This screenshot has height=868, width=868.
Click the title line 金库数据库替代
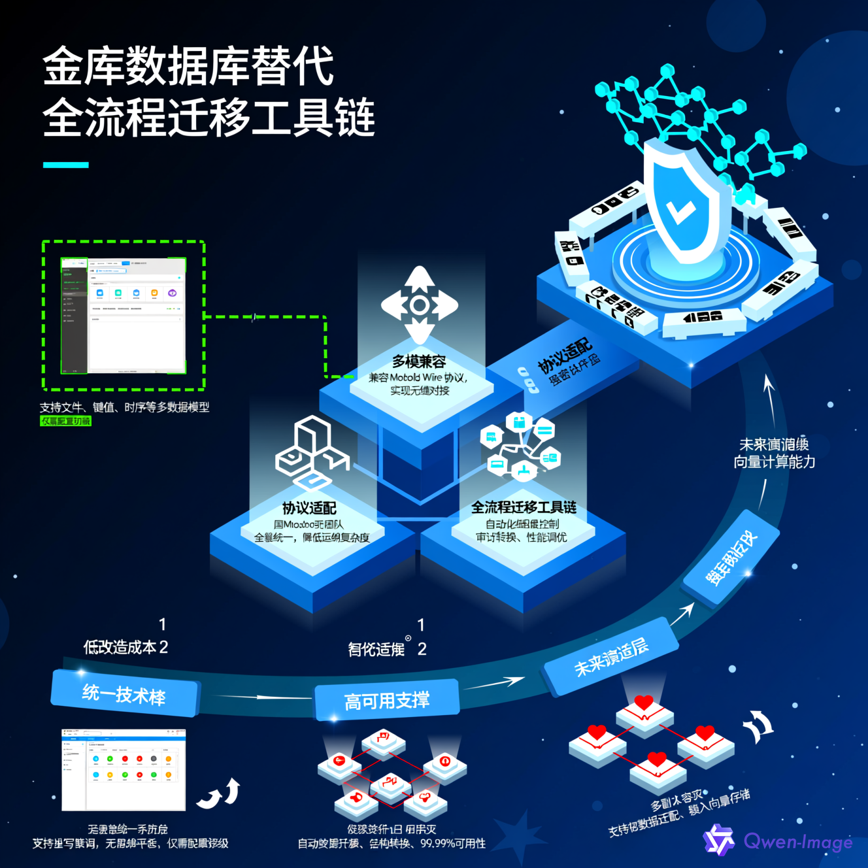tap(188, 66)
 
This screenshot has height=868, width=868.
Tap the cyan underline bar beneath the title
tap(65, 165)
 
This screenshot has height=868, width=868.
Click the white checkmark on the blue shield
tap(680, 210)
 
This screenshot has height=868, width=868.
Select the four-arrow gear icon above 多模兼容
tap(420, 305)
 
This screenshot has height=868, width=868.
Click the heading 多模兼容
tap(419, 361)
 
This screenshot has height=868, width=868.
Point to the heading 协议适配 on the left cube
tap(309, 508)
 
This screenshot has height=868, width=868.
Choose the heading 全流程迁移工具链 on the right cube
tap(524, 507)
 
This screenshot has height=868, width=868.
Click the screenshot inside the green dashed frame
tap(124, 316)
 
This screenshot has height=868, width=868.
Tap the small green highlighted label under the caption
tap(65, 422)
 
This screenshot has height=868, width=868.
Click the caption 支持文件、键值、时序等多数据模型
tap(124, 407)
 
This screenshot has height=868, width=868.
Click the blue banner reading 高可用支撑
tap(387, 701)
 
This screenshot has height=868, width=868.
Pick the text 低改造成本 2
tap(125, 647)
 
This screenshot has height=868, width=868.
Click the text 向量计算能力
tap(774, 462)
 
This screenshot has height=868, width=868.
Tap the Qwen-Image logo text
tap(797, 841)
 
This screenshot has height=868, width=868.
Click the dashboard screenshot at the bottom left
tap(124, 770)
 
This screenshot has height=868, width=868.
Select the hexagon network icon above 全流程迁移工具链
tap(521, 445)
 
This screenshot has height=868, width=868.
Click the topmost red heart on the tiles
tap(644, 702)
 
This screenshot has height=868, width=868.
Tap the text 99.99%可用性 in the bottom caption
tap(453, 844)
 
